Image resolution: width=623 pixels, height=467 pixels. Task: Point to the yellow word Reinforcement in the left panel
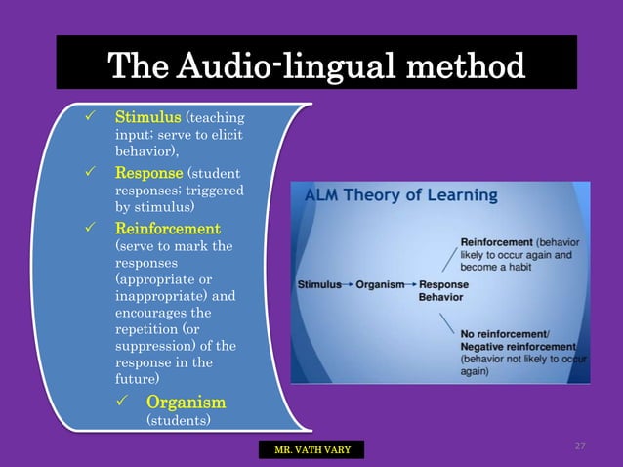click(164, 229)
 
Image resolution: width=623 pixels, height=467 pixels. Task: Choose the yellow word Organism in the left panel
click(186, 402)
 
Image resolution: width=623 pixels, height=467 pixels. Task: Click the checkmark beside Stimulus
click(89, 119)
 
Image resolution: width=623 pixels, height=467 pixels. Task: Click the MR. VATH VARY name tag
click(311, 450)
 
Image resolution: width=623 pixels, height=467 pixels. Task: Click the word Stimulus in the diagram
click(320, 285)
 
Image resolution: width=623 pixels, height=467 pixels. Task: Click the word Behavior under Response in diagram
click(441, 296)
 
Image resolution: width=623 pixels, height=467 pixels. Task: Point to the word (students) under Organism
click(178, 420)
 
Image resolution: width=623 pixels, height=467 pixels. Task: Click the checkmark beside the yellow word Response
click(89, 173)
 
